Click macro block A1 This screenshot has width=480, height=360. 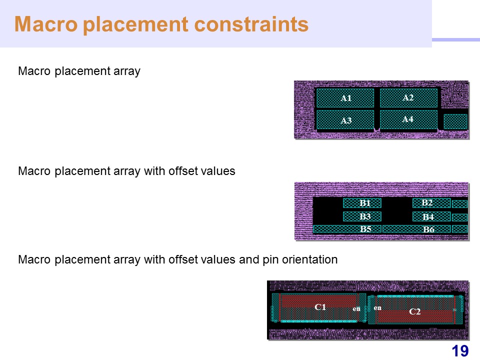(x=345, y=98)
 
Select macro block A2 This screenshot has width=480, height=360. (x=408, y=97)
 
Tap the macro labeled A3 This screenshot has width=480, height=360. (x=345, y=120)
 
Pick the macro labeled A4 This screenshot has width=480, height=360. (x=408, y=119)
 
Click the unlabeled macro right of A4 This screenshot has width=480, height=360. (x=455, y=122)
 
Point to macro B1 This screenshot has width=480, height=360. (x=362, y=203)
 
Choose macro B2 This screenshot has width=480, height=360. (x=431, y=202)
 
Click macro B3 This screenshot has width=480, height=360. (x=362, y=216)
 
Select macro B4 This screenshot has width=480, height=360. (x=431, y=216)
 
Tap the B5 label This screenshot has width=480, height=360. (x=365, y=229)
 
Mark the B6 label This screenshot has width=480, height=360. (x=428, y=229)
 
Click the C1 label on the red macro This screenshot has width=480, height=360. (x=320, y=307)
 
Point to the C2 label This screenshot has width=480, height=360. (x=415, y=311)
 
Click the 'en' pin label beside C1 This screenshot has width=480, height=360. (x=356, y=309)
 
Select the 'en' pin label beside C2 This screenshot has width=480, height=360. (x=377, y=307)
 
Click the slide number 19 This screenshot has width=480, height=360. (x=460, y=351)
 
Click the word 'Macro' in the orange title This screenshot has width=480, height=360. (x=46, y=24)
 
